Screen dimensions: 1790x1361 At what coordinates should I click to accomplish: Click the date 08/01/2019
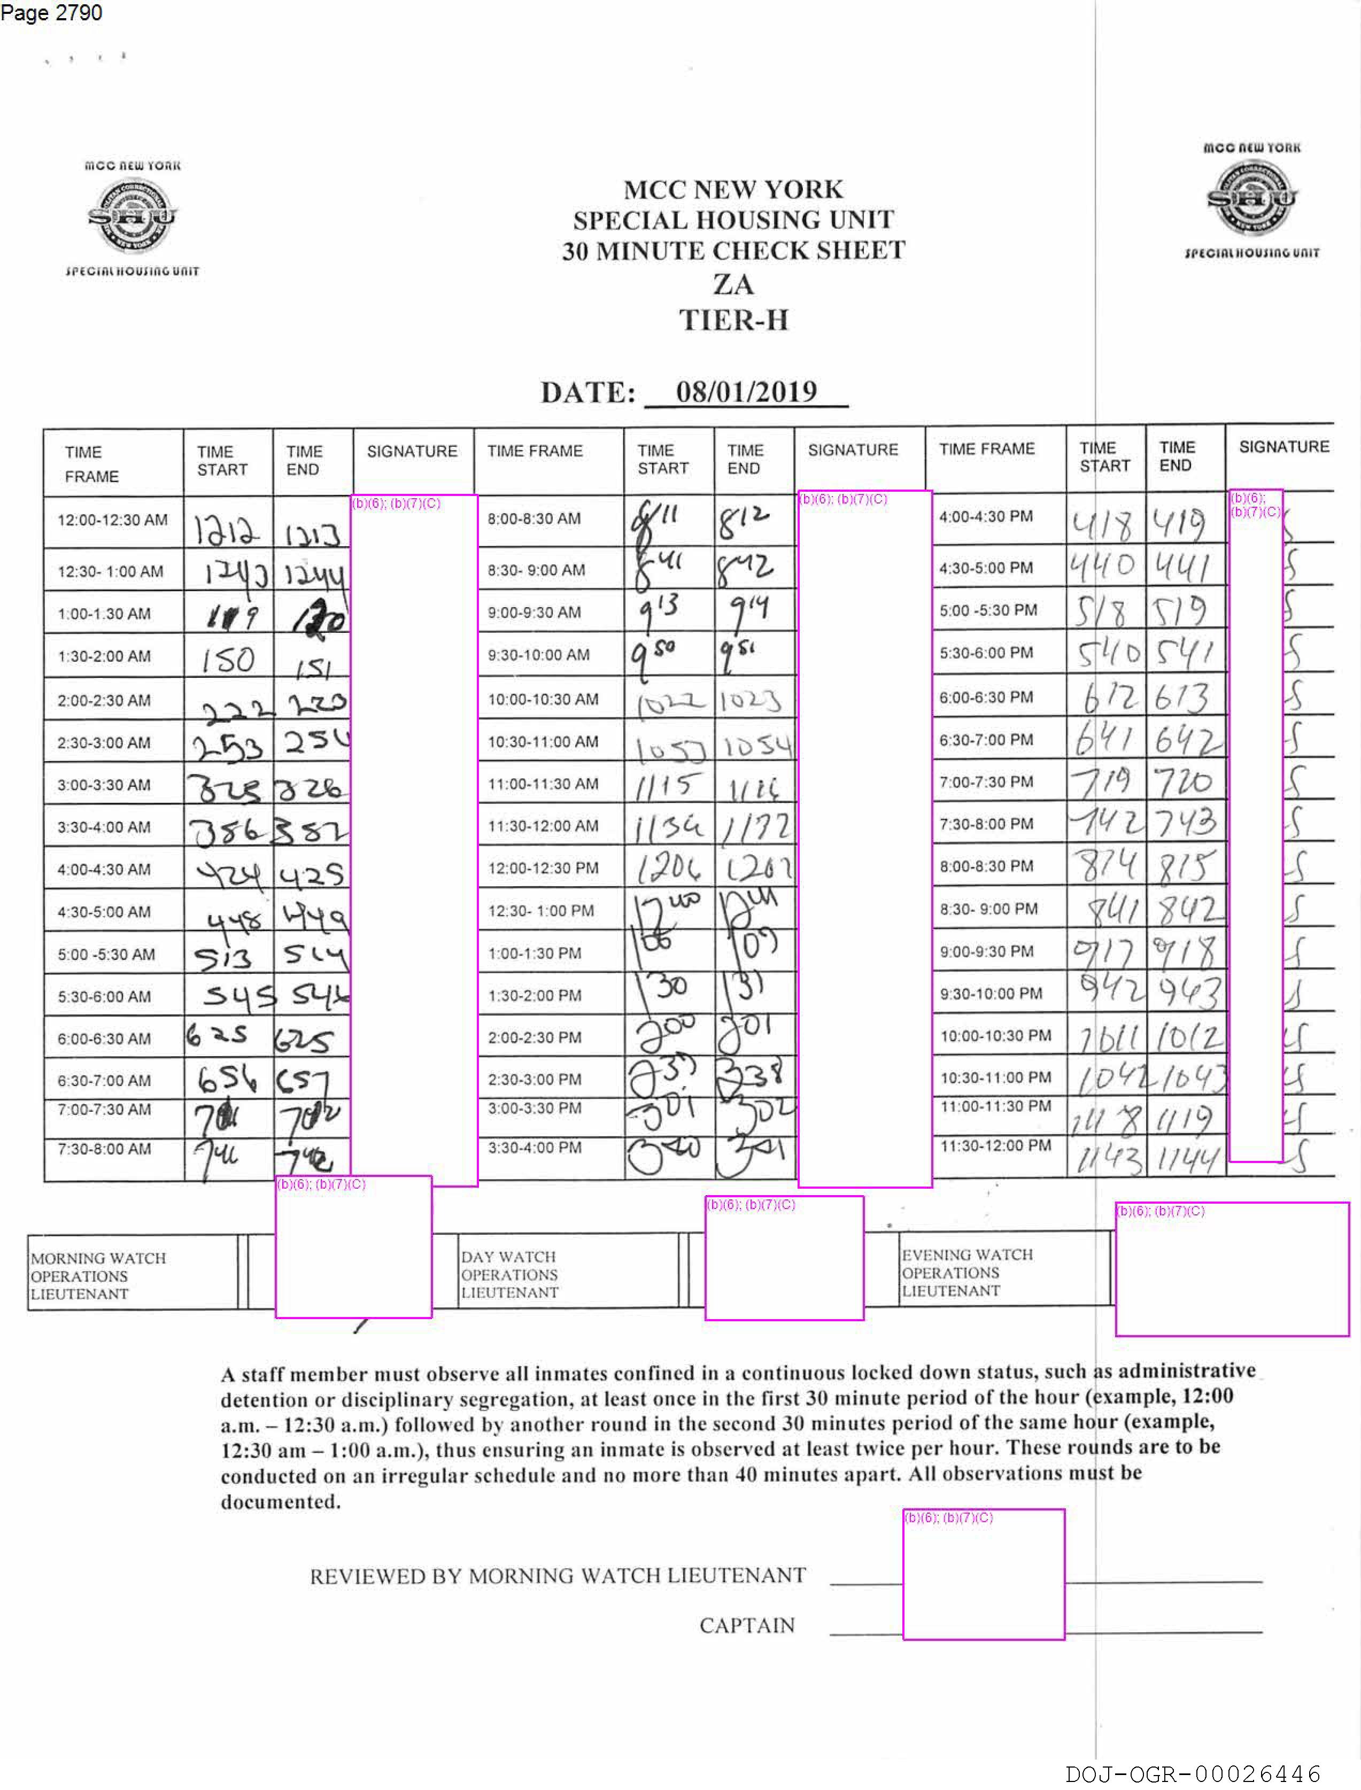(746, 392)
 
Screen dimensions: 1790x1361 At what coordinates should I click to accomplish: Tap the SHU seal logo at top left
(132, 215)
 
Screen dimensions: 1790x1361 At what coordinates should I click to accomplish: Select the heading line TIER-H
(733, 320)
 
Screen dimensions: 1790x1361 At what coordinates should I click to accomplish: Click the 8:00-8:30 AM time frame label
(534, 518)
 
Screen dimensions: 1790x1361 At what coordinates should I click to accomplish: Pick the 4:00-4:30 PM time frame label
(986, 516)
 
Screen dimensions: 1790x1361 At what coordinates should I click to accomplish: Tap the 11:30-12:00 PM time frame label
(996, 1145)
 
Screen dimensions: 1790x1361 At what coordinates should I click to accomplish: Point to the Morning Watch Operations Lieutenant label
(98, 1276)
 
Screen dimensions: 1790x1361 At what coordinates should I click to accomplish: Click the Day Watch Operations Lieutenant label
(509, 1274)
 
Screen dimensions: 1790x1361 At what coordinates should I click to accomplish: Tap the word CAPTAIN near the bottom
(747, 1625)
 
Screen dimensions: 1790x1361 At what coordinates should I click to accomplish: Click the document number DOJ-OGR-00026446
(1193, 1774)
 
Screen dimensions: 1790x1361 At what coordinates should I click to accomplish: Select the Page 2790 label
(51, 13)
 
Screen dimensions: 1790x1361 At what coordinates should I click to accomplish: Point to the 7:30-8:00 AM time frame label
(104, 1149)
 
